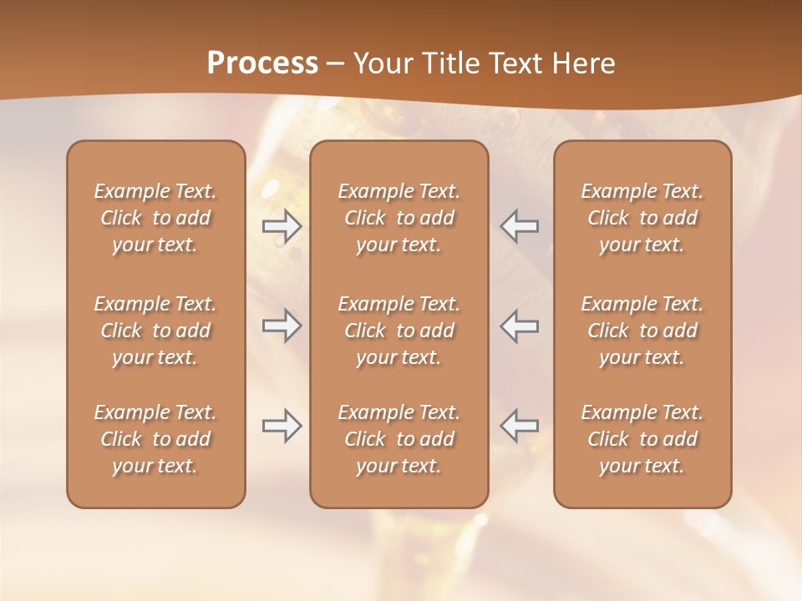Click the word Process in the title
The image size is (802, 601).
[x=262, y=63]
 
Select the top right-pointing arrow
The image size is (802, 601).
[x=282, y=225]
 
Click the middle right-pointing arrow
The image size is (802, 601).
[x=282, y=326]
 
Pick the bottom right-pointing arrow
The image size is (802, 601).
[x=282, y=426]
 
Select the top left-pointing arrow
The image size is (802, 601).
[x=520, y=225]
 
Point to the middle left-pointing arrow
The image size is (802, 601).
[x=520, y=326]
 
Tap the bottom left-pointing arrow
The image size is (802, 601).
[x=520, y=426]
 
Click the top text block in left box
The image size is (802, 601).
[x=155, y=218]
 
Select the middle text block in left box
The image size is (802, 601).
[x=155, y=331]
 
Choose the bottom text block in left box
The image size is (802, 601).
[x=155, y=439]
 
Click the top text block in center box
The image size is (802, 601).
[x=398, y=218]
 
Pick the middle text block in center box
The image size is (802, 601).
[x=398, y=331]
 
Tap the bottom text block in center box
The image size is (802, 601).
[x=398, y=439]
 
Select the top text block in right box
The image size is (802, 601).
[x=642, y=218]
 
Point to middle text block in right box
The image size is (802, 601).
[x=642, y=331]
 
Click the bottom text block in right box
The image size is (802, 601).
[x=642, y=439]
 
